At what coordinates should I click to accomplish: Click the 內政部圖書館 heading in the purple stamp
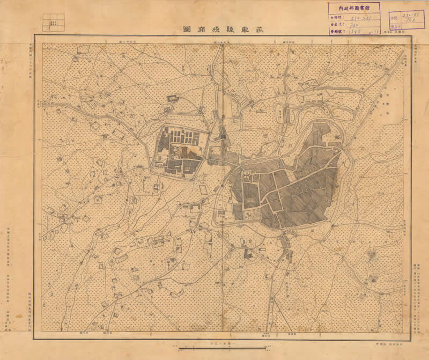[354, 8]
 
